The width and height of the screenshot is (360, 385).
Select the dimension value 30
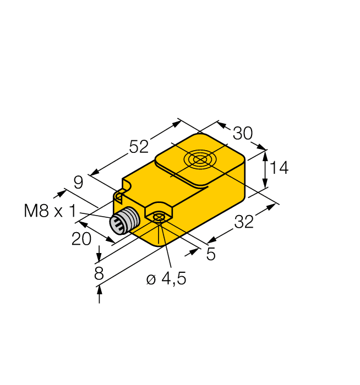242,133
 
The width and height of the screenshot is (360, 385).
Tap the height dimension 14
279,168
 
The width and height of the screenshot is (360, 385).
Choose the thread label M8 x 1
50,211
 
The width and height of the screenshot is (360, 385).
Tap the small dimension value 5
211,254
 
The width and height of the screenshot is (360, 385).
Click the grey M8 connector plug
122,222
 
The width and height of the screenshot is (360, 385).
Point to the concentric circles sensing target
199,160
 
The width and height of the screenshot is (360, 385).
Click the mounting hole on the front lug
159,217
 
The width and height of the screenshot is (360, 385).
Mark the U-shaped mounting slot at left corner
119,194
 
